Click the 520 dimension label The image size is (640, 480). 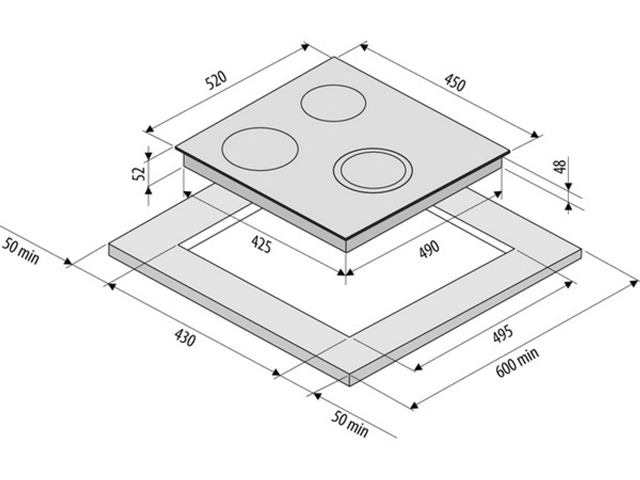coord(216,81)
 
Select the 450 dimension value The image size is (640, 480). coord(454,83)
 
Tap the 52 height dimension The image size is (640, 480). coord(139,173)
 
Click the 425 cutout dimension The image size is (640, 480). coord(261,244)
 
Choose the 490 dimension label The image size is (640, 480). coord(429,250)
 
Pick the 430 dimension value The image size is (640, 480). coord(185,337)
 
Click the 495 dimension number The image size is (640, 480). coord(502,335)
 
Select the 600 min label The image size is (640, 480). coord(518,362)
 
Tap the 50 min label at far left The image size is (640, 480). coord(21,251)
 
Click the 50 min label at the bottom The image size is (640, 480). coord(349,424)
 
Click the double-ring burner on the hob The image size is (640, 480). coord(372,170)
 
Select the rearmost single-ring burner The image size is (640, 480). coord(333,103)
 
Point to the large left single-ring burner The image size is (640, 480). coord(260,149)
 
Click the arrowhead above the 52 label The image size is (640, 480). coord(148,155)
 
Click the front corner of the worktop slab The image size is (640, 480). coord(350,374)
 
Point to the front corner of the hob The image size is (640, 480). coord(346,239)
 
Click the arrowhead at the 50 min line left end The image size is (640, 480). coord(68,262)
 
